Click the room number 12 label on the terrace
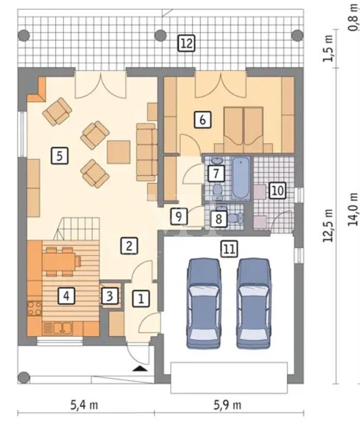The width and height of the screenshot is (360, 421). (187, 43)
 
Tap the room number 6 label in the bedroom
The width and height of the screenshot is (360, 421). (203, 119)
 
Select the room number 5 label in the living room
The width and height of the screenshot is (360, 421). (60, 156)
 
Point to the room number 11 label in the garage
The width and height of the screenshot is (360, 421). (229, 249)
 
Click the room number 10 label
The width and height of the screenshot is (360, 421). (278, 191)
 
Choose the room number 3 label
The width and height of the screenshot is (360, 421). (109, 296)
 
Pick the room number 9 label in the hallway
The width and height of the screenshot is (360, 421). (178, 216)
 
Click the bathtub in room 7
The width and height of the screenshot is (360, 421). (241, 178)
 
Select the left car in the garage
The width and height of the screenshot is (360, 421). (204, 304)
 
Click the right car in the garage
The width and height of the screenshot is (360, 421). (254, 304)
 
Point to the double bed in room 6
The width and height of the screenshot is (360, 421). (243, 130)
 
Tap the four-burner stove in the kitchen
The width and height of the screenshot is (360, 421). (35, 308)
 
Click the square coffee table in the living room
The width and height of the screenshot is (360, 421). (119, 152)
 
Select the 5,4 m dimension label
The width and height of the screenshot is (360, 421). (84, 404)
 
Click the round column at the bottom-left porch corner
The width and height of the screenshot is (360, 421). (24, 377)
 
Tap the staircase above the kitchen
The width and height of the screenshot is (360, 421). (77, 229)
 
